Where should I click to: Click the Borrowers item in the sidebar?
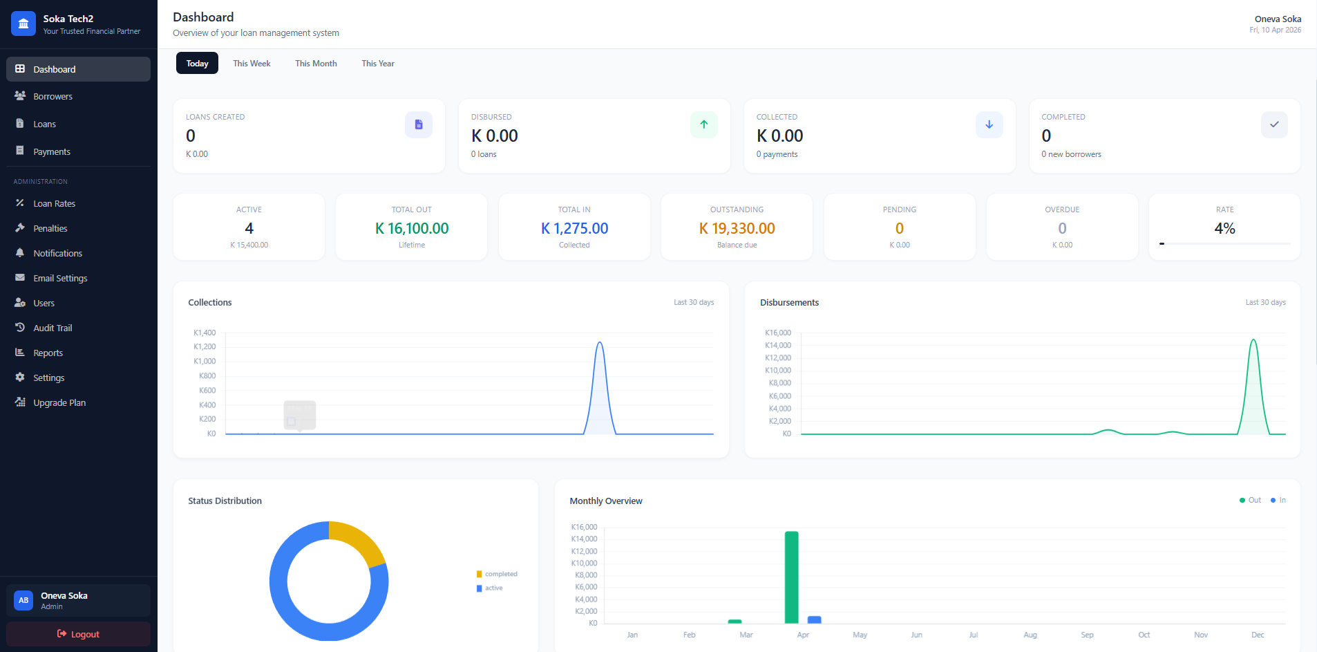[x=53, y=97]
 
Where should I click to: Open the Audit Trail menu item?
[x=53, y=328]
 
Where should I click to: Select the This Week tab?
[x=252, y=64]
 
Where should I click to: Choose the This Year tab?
[x=378, y=64]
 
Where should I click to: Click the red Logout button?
[x=78, y=634]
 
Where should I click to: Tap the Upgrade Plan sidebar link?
[x=59, y=403]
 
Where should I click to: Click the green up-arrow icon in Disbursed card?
[x=703, y=125]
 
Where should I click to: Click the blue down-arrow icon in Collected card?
[x=989, y=125]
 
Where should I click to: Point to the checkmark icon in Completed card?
[x=1274, y=125]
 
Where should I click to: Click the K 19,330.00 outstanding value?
[x=737, y=229]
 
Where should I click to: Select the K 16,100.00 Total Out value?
[x=412, y=229]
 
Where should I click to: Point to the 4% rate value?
[x=1224, y=229]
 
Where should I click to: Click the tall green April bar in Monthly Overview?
[x=791, y=577]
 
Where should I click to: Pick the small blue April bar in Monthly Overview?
[x=815, y=620]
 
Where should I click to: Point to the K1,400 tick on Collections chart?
[x=205, y=333]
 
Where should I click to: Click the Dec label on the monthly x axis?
[x=1258, y=635]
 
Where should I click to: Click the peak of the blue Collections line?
[x=600, y=343]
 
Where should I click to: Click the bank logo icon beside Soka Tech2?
[x=23, y=24]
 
